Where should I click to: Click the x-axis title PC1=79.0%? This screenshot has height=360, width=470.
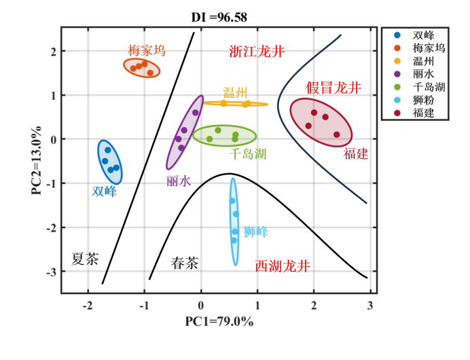(219, 321)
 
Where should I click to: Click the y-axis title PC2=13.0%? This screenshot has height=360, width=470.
(37, 160)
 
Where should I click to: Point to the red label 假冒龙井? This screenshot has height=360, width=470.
(333, 88)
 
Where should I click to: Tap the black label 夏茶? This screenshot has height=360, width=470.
(85, 259)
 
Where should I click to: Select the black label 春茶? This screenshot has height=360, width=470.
(184, 263)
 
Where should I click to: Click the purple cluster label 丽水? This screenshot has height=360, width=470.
(179, 181)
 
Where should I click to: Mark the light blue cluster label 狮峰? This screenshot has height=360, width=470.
(255, 232)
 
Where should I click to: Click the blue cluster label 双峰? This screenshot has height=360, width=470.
(105, 192)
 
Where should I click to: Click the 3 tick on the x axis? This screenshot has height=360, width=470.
(371, 306)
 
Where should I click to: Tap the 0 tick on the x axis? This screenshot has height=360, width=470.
(201, 306)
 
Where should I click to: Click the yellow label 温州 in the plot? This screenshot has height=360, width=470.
(235, 92)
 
